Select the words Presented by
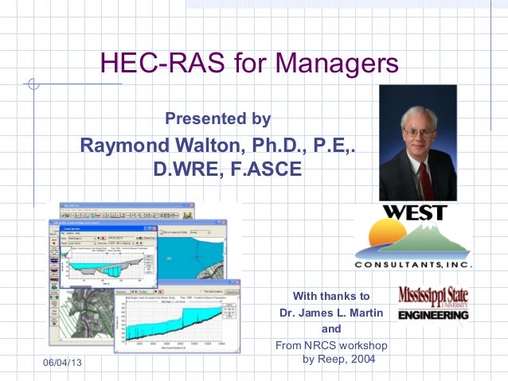pyautogui.click(x=217, y=119)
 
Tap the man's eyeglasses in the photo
pyautogui.click(x=419, y=131)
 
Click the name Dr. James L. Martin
pyautogui.click(x=331, y=313)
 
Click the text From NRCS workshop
pyautogui.click(x=330, y=346)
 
